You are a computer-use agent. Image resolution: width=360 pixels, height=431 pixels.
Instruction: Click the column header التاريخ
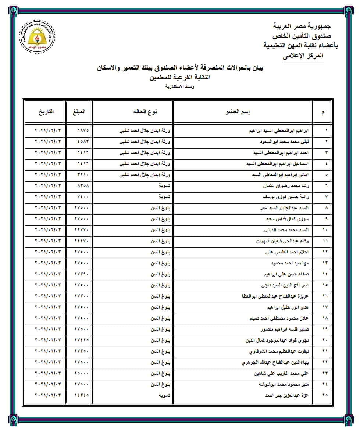(46, 111)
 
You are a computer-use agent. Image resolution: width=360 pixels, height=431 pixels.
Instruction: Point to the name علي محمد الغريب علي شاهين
(282, 373)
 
